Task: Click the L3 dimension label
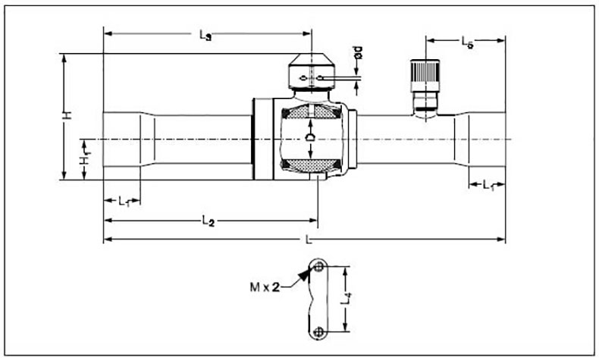pyautogui.click(x=205, y=35)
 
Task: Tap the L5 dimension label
pyautogui.click(x=467, y=42)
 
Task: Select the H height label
pyautogui.click(x=67, y=115)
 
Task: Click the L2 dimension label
pyautogui.click(x=209, y=221)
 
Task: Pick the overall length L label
pyautogui.click(x=309, y=239)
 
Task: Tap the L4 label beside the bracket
pyautogui.click(x=346, y=298)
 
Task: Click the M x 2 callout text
pyautogui.click(x=265, y=286)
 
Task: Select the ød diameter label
pyautogui.click(x=358, y=52)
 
